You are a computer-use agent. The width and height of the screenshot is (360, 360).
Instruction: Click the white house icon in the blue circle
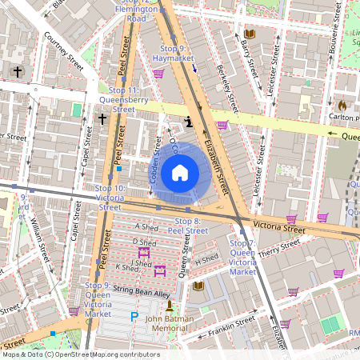tap(180, 172)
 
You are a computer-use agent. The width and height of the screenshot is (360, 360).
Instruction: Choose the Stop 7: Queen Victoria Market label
tap(242, 257)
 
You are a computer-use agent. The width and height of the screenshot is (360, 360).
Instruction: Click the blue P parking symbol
tap(134, 318)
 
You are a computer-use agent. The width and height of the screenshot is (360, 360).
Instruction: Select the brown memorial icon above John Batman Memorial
tap(168, 306)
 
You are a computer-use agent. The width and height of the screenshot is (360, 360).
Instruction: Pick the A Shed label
tap(148, 227)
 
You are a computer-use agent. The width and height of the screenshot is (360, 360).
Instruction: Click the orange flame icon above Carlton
tap(342, 105)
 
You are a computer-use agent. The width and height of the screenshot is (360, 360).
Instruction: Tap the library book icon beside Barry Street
tap(250, 34)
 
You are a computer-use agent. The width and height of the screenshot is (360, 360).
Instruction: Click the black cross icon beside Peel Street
tap(102, 119)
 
